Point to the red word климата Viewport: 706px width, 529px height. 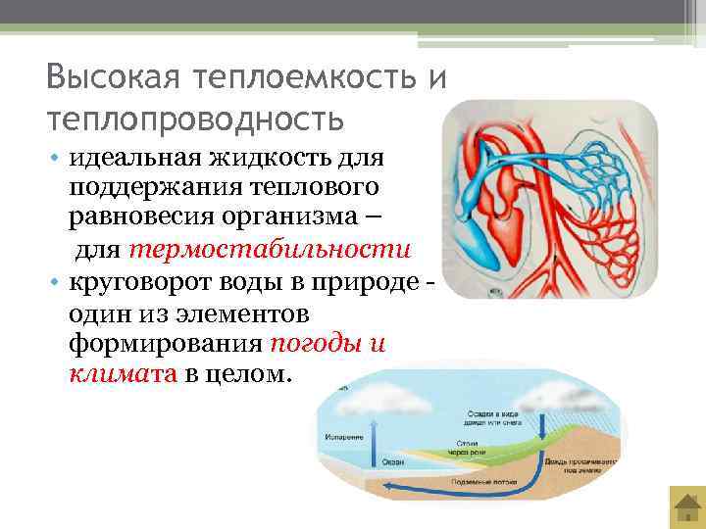click(x=123, y=374)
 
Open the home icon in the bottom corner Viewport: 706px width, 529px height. click(x=685, y=508)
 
